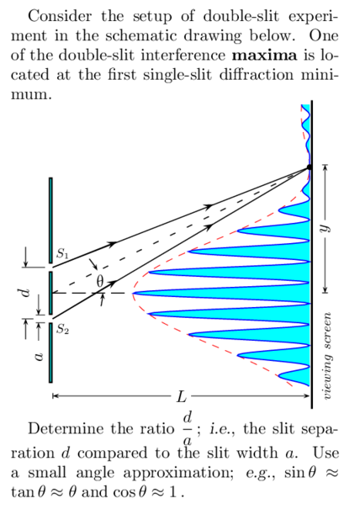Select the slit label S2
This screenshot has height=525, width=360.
[63, 330]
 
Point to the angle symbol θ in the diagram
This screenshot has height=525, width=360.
[99, 279]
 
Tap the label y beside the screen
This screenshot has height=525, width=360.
[324, 229]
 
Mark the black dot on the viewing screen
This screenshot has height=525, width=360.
[310, 168]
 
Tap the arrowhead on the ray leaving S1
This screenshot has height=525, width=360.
[112, 243]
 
